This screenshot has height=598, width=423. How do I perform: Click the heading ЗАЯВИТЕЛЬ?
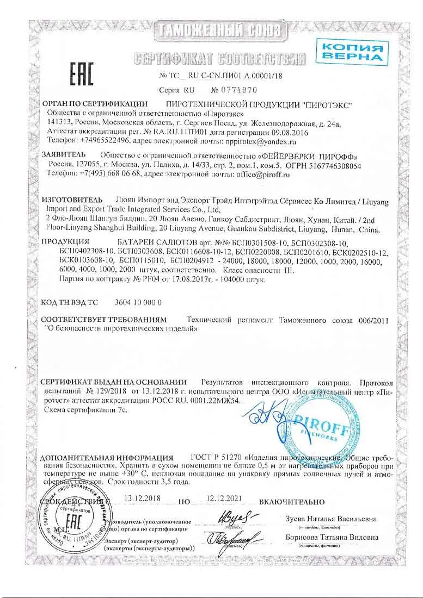(x=64, y=155)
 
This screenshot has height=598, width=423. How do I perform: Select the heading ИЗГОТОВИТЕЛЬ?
(x=72, y=200)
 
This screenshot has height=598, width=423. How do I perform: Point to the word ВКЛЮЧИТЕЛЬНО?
(x=292, y=501)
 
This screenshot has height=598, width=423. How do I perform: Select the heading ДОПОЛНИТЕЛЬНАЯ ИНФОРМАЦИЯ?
(x=107, y=457)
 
